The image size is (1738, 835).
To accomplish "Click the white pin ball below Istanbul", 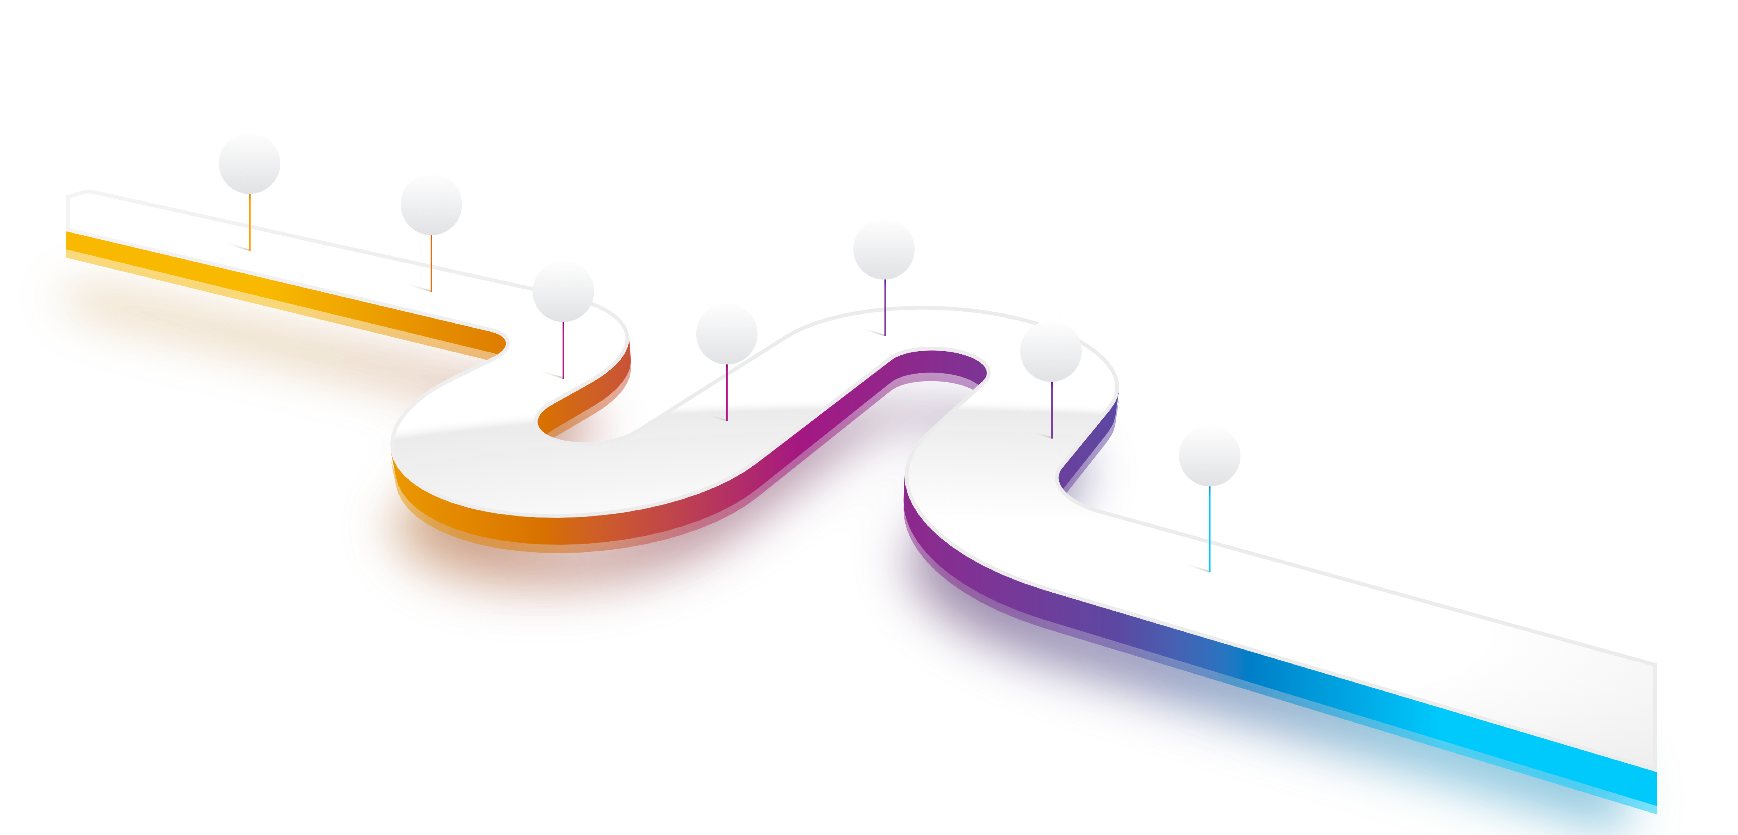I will tap(249, 163).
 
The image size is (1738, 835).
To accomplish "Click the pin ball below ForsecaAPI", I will tap(884, 249).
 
